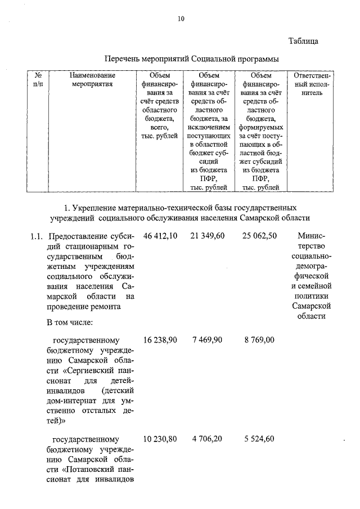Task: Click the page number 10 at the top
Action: point(181,19)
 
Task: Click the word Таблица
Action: point(304,41)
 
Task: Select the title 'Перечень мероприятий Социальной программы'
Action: point(192,58)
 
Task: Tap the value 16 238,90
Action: point(161,340)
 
